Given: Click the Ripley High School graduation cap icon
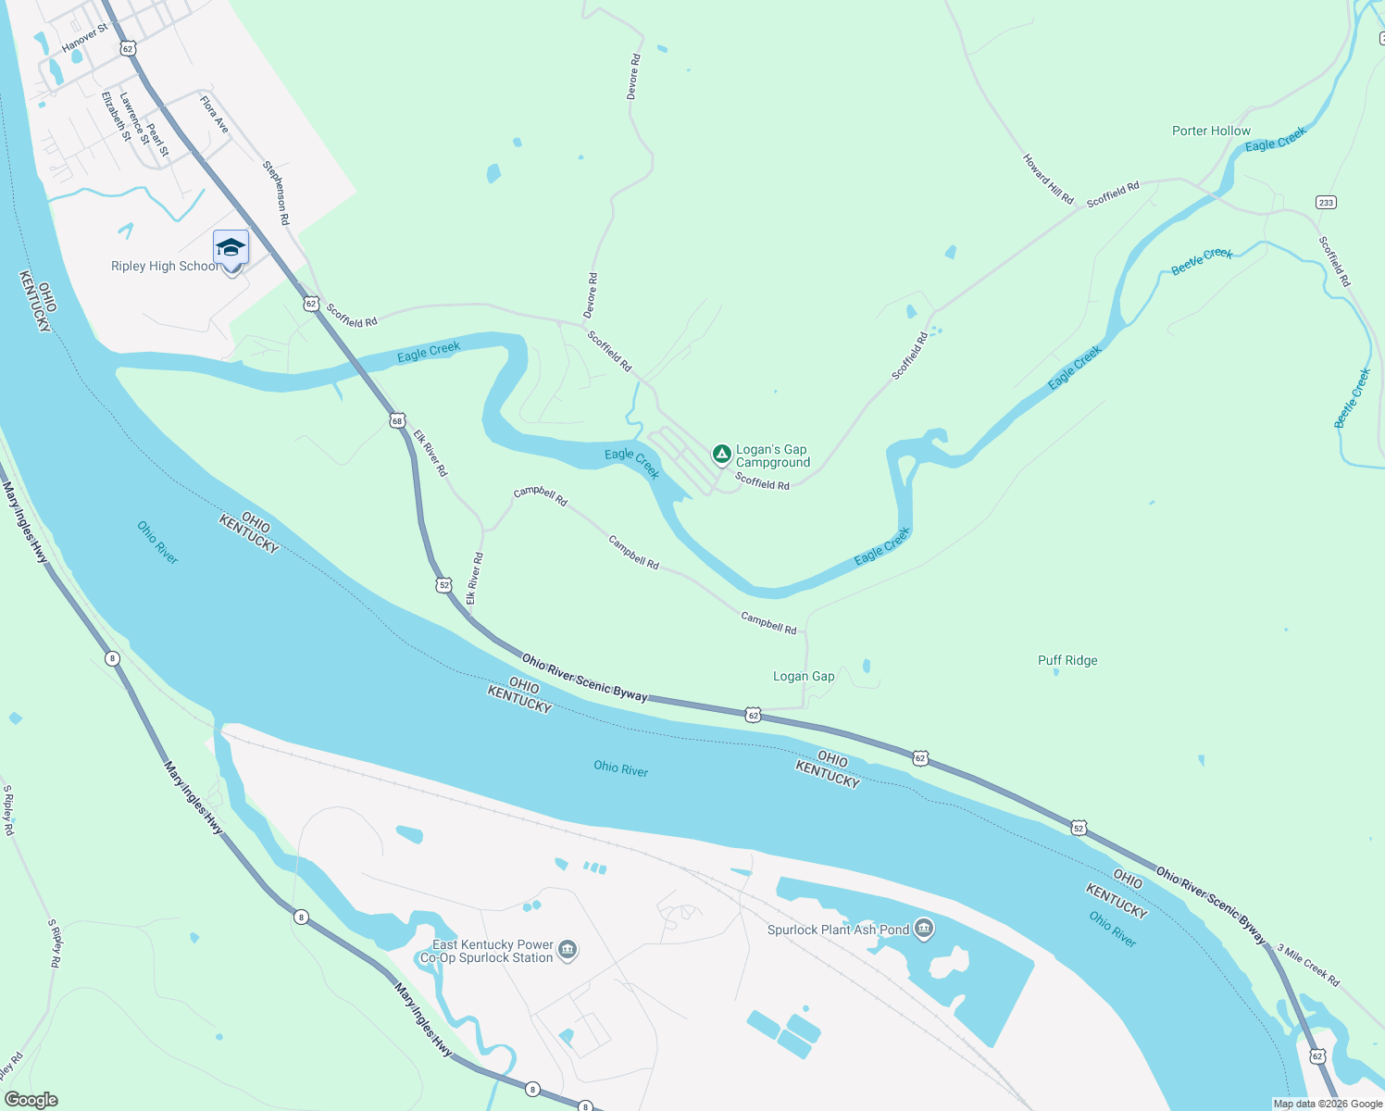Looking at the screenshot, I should pyautogui.click(x=231, y=248).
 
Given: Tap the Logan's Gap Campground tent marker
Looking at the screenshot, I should pyautogui.click(x=721, y=454).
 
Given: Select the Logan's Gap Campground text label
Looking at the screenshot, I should pyautogui.click(x=772, y=456).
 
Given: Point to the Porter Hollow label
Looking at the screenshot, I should pyautogui.click(x=1211, y=131).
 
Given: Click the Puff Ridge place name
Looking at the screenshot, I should pyautogui.click(x=1067, y=661).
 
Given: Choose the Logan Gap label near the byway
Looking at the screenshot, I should pyautogui.click(x=804, y=677).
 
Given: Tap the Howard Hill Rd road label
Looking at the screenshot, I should pyautogui.click(x=1048, y=180).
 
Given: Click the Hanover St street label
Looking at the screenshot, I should pyautogui.click(x=84, y=38).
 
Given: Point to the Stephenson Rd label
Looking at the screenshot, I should pyautogui.click(x=276, y=193).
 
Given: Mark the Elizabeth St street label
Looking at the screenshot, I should pyautogui.click(x=116, y=116).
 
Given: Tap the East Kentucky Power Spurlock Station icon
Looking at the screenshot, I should pyautogui.click(x=568, y=950).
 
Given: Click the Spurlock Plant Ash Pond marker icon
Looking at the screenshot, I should pyautogui.click(x=923, y=929).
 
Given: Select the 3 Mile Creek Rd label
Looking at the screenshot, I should pyautogui.click(x=1308, y=965).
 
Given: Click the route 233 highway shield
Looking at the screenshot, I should pyautogui.click(x=1326, y=203).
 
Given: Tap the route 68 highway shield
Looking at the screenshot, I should pyautogui.click(x=397, y=420).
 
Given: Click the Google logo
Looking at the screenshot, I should pyautogui.click(x=31, y=1100).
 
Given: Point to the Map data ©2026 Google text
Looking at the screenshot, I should pyautogui.click(x=1328, y=1104).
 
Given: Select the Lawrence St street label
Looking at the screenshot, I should pyautogui.click(x=133, y=118).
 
